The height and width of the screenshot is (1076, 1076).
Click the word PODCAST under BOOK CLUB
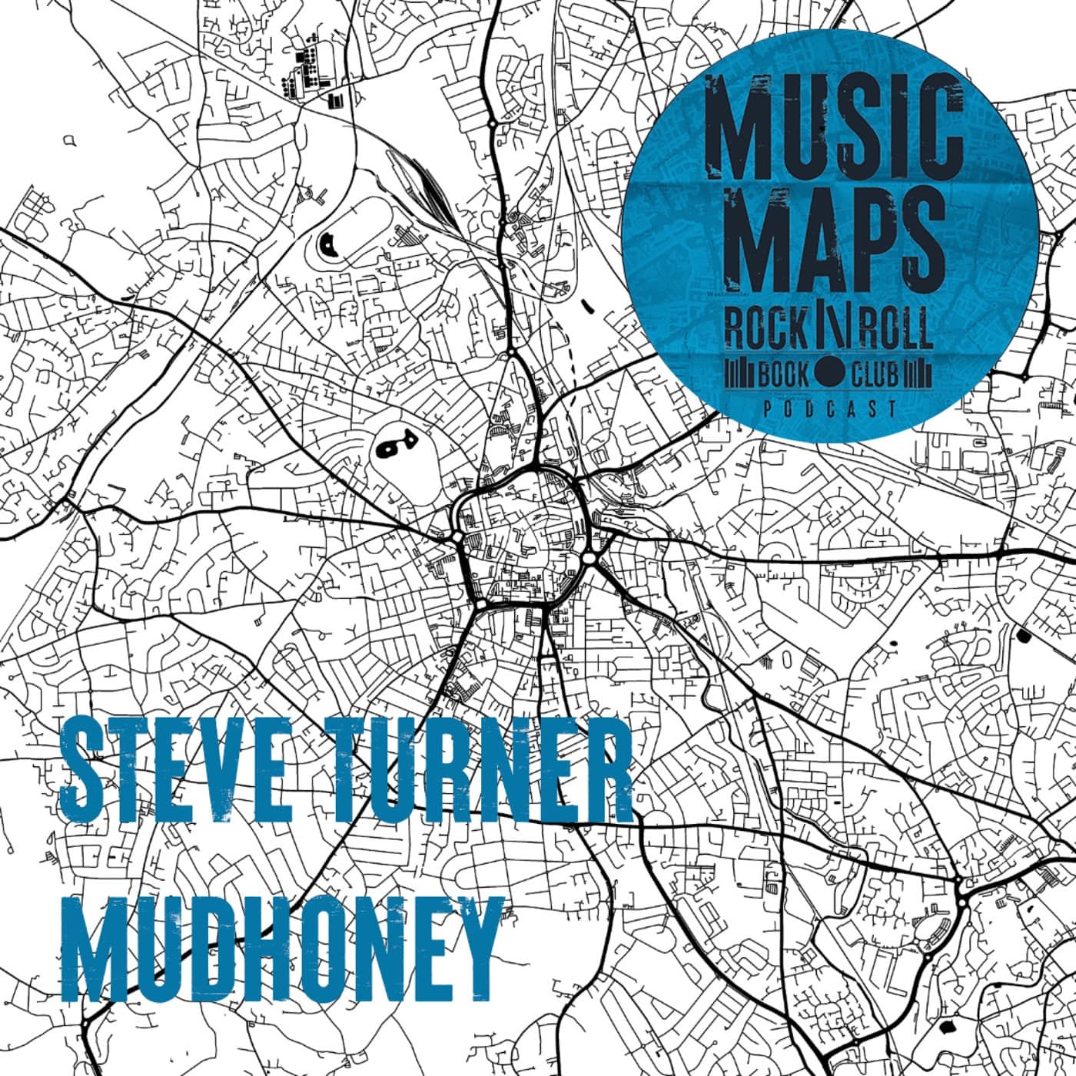click(830, 409)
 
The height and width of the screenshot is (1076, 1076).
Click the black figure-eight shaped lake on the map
click(395, 445)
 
